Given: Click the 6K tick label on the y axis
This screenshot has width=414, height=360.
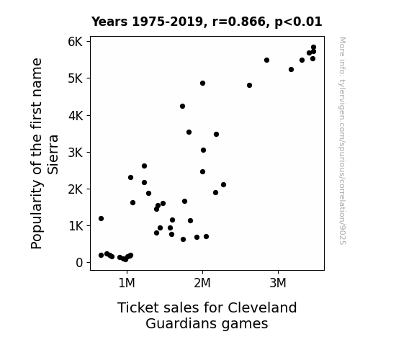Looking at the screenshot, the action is click(x=76, y=42).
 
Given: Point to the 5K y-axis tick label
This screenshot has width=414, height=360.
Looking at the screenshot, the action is click(x=76, y=78).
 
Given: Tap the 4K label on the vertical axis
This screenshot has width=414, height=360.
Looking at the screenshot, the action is click(x=76, y=115).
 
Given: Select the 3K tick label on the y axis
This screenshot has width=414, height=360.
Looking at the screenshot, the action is click(x=76, y=152).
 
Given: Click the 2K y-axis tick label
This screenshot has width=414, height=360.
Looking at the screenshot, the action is click(x=76, y=189).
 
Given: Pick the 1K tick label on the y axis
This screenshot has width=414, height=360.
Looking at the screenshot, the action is click(x=76, y=226).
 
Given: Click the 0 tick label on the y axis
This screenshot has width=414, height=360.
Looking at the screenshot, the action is click(x=79, y=263).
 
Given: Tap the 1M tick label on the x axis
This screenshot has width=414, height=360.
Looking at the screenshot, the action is click(x=127, y=283).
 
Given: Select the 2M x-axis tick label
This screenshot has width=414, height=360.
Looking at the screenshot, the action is click(x=202, y=283).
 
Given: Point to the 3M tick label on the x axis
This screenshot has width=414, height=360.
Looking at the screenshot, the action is click(x=278, y=283).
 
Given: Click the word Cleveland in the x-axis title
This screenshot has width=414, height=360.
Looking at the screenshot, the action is click(x=262, y=307).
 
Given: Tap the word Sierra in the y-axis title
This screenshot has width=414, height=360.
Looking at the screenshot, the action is click(x=53, y=155).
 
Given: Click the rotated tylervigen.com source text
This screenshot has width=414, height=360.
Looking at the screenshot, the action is click(x=342, y=141).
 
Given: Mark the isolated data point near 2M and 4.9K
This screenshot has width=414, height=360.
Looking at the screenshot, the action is click(x=202, y=84).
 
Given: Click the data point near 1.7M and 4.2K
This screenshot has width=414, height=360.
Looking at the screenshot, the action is click(x=182, y=106).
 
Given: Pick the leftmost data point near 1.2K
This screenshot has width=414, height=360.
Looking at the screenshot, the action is click(x=101, y=218).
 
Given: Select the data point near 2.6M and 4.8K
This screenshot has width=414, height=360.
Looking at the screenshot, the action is click(x=250, y=85).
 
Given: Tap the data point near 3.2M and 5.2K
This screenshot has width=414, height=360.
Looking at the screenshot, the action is click(x=291, y=69).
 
